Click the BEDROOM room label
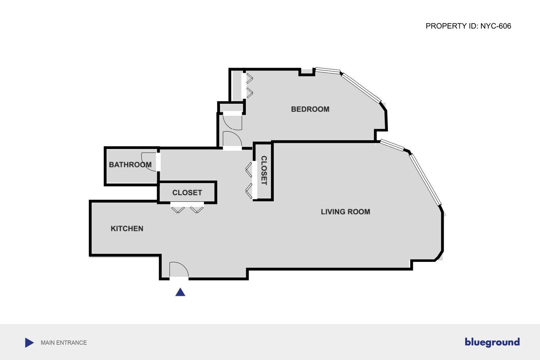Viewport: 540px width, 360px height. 310,109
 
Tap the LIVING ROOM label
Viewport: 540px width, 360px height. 345,212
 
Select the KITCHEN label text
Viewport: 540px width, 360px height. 127,229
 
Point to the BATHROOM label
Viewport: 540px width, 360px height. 130,165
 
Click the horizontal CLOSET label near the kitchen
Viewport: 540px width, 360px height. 187,193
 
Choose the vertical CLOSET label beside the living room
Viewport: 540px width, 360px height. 264,171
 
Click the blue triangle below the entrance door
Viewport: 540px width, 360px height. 180,292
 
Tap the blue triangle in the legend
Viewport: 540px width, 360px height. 29,343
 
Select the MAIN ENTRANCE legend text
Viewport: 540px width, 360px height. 64,343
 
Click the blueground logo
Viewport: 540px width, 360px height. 492,342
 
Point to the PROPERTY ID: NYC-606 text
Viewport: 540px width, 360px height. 468,26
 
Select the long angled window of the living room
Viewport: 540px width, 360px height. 425,179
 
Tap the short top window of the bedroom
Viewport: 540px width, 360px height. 328,70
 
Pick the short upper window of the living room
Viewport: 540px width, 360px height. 392,145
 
